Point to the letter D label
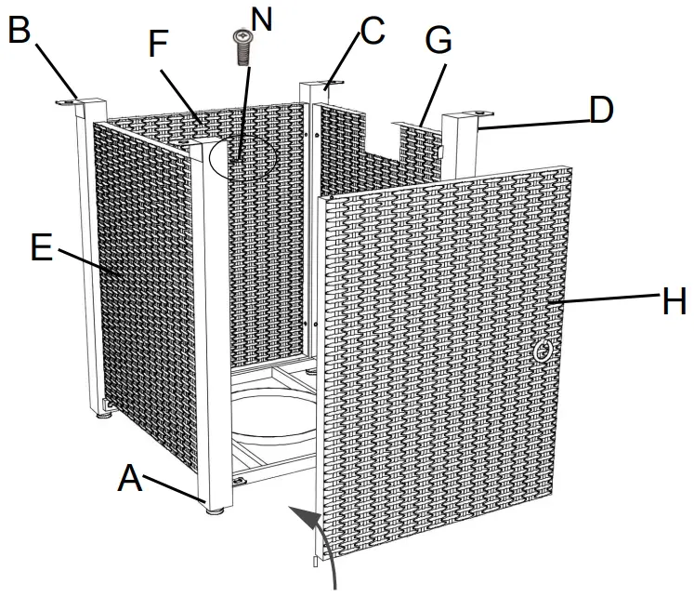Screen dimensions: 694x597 [x=601, y=110]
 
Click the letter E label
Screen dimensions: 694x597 [x=41, y=248]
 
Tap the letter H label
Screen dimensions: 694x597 [x=673, y=301]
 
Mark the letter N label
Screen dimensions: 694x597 [x=263, y=19]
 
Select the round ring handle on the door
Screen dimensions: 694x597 [x=544, y=352]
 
